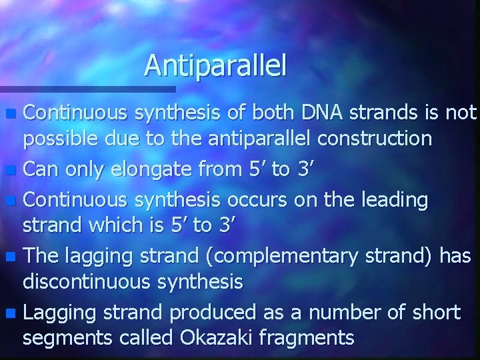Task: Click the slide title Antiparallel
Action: point(215,65)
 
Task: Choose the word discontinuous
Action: point(87,282)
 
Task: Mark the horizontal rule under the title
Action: point(87,89)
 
